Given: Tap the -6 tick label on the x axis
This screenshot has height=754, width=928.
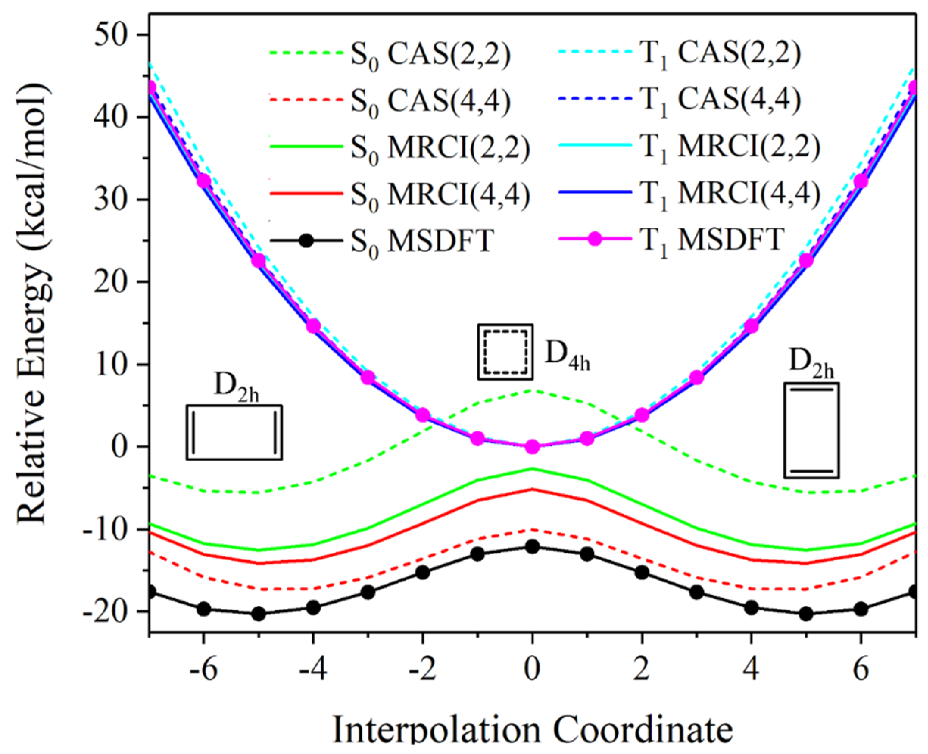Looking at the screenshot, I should (203, 669).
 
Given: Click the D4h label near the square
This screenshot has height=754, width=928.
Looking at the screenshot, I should (567, 354).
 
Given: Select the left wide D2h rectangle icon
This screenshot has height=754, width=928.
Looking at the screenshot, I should (234, 432).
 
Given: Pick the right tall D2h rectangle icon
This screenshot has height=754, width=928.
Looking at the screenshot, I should (811, 430).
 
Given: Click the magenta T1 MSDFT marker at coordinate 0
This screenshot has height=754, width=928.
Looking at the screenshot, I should (532, 446).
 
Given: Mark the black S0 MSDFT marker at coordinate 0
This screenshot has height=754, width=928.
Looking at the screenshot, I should (532, 547).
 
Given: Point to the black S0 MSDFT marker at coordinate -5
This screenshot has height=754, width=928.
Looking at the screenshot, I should (259, 614).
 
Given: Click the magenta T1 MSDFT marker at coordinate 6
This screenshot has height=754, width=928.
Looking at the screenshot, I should (861, 181).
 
